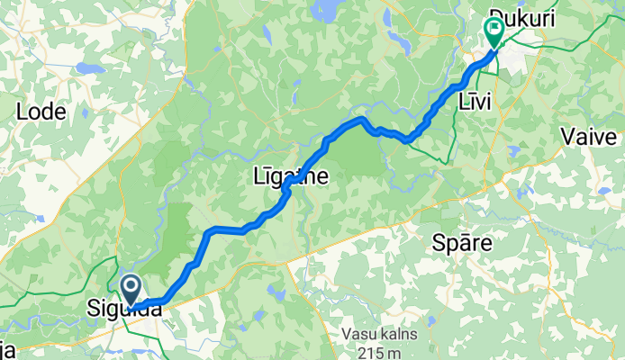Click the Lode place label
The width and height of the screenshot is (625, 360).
[x=41, y=112]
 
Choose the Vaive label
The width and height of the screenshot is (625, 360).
[x=589, y=137]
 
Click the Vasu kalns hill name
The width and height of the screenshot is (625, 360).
[x=379, y=334]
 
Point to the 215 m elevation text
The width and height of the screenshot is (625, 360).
[x=379, y=350]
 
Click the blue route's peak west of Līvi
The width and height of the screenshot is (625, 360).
[x=360, y=118]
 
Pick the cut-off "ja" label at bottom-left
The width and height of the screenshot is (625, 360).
[x=7, y=350]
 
